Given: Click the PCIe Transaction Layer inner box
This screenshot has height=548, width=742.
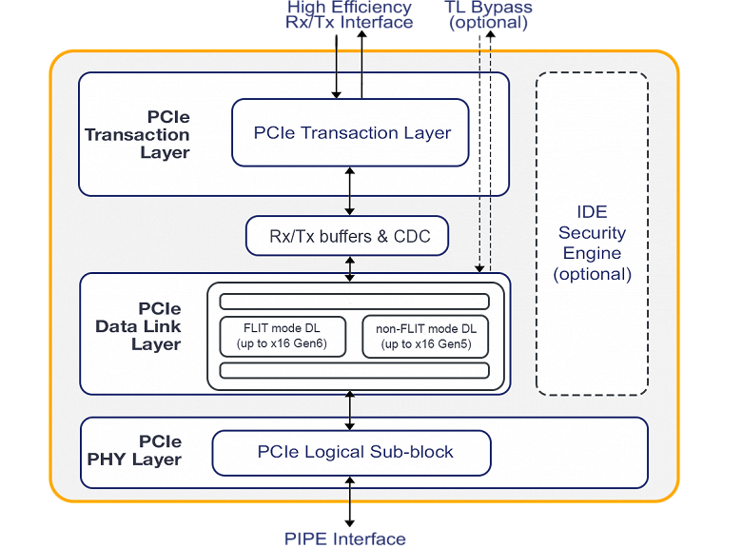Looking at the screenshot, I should click(x=351, y=132).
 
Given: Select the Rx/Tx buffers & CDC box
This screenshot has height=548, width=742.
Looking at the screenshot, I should click(x=347, y=236).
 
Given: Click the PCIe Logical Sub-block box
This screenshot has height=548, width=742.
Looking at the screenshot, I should click(x=351, y=452).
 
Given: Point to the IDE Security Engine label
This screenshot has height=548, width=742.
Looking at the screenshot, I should click(x=592, y=243).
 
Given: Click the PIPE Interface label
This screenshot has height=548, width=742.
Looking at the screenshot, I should click(x=344, y=538).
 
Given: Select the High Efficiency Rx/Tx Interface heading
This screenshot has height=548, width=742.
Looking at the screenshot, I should click(x=349, y=14).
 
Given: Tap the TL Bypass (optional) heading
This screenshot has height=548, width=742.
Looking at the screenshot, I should click(x=487, y=14).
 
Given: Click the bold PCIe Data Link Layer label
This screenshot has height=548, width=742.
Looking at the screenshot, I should click(x=143, y=326).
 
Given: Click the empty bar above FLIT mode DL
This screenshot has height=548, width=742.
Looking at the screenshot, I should click(x=354, y=302).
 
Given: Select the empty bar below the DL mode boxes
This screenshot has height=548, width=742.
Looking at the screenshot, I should click(x=354, y=370).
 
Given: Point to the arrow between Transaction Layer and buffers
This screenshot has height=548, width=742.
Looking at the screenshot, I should click(x=351, y=190).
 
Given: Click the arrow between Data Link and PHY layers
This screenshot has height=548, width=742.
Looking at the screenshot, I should click(x=351, y=409).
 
